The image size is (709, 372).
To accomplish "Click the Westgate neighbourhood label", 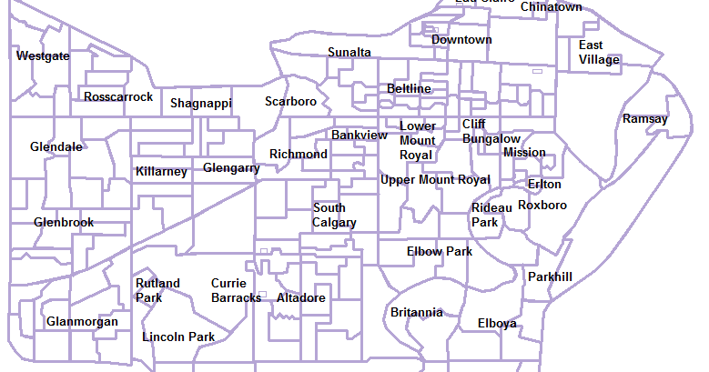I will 43,56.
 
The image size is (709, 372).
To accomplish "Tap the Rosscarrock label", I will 118,96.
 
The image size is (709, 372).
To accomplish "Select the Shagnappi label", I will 201,104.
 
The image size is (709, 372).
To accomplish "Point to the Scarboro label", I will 290,102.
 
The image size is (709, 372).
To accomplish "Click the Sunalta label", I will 349,52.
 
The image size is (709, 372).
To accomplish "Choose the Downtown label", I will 461,40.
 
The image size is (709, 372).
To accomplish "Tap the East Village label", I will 599,53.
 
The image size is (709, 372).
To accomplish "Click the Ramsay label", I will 645,119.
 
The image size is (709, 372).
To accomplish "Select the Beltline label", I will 409,88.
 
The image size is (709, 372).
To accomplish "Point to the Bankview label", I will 359,135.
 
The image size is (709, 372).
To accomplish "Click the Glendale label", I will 56,146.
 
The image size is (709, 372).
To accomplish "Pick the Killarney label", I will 161,171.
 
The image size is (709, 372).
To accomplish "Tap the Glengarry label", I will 231,168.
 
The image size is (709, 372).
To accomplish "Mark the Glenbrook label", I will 64,222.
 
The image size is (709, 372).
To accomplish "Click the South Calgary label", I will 334,216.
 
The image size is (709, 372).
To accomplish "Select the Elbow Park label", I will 440,251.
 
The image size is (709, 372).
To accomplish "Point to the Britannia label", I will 417,312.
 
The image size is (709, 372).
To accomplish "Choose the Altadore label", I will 300,298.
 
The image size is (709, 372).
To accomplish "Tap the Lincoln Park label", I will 178,337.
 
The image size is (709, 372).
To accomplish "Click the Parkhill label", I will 551,276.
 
